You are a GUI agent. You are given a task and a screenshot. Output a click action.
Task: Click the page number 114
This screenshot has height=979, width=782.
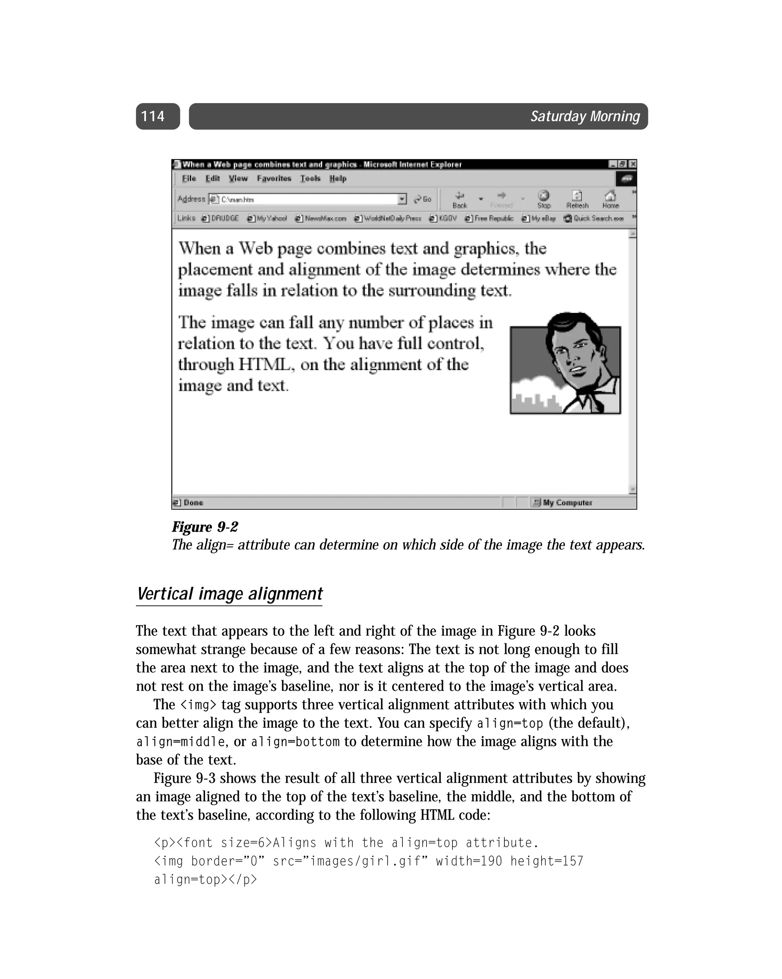[x=153, y=116]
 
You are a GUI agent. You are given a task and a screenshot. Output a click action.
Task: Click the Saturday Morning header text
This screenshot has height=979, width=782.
[x=585, y=116]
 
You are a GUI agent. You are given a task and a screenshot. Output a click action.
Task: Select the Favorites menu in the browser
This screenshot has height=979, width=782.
[x=274, y=178]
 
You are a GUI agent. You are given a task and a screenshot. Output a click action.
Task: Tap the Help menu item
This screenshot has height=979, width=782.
[x=338, y=178]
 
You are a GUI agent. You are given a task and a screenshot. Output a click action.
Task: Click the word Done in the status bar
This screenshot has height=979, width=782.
[x=193, y=502]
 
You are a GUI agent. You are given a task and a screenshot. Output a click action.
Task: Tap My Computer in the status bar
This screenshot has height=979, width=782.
[x=567, y=502]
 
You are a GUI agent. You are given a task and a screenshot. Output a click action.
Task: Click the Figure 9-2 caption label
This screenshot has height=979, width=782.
[x=205, y=527]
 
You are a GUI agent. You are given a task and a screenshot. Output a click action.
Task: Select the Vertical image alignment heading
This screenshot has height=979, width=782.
[x=229, y=594]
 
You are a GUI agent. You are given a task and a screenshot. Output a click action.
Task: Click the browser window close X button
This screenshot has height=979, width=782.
[x=632, y=164]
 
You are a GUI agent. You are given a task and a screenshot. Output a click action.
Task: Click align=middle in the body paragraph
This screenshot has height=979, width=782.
[x=181, y=742]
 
